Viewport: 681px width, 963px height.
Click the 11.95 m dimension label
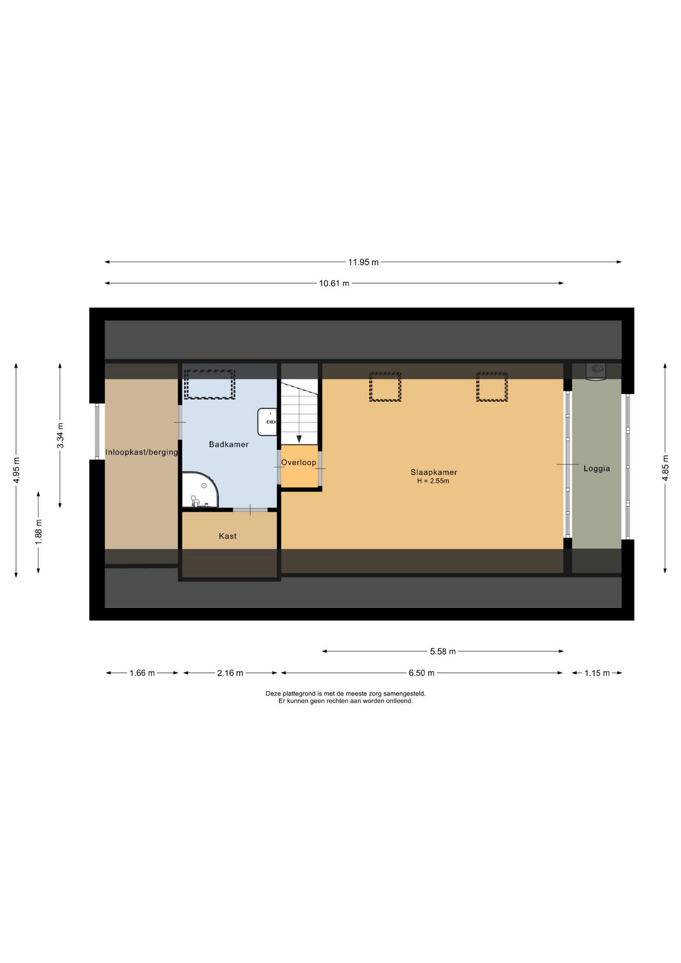364,262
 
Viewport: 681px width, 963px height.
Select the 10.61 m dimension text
334,283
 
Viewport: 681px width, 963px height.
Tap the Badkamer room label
229,444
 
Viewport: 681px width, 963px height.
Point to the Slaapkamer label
434,472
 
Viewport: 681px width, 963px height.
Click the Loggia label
597,468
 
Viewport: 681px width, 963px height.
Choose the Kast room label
228,536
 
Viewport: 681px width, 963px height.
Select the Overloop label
299,462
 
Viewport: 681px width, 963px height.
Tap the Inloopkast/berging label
141,452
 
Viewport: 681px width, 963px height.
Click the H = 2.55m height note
433,481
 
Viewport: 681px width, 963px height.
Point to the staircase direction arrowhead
299,439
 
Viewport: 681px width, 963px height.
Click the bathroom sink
267,422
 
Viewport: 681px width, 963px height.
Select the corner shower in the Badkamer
200,490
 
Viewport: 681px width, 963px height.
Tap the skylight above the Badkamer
210,384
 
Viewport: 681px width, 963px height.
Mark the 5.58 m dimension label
443,652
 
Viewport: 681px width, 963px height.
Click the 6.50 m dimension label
421,673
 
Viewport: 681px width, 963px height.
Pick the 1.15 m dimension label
597,673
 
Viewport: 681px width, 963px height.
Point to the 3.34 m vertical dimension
60,435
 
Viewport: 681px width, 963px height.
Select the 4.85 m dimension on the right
665,468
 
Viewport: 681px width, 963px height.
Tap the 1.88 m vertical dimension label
39,532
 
